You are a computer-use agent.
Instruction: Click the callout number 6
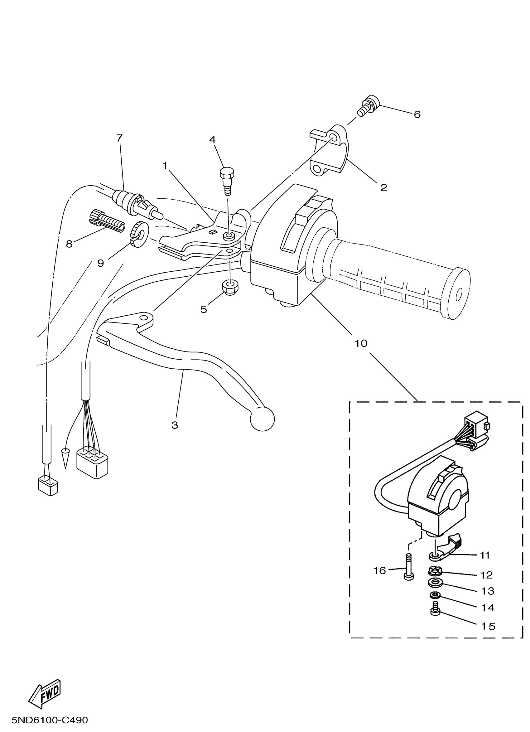(417, 114)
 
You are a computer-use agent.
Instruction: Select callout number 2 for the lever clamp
(383, 187)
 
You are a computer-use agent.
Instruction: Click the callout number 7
(119, 138)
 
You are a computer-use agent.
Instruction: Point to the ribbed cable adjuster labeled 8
(106, 221)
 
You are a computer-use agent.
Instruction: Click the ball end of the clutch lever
(262, 419)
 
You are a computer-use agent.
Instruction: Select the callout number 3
(175, 425)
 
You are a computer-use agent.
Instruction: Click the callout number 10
(361, 343)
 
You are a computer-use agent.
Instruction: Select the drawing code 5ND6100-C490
(50, 720)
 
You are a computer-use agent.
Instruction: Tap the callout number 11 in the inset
(485, 555)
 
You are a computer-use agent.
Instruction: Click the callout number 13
(488, 591)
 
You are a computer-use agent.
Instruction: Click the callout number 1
(165, 166)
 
